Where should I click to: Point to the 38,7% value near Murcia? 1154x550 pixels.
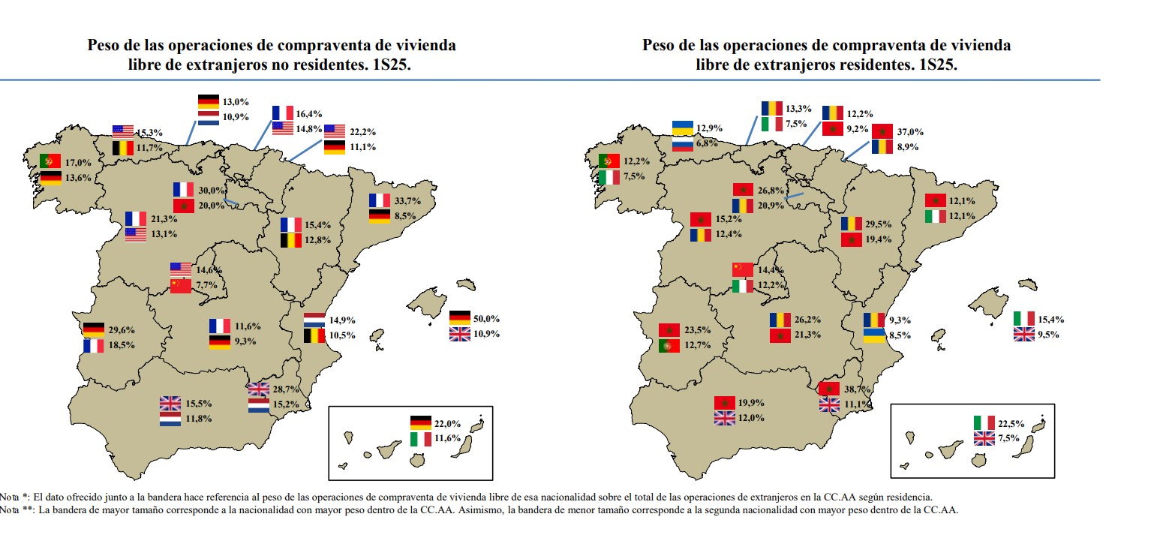click(857, 389)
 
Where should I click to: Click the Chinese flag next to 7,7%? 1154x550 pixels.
click(181, 286)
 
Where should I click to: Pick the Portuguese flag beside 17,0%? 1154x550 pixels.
click(51, 161)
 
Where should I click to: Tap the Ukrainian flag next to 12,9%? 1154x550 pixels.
click(682, 128)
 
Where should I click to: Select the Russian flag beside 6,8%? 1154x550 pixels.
click(682, 143)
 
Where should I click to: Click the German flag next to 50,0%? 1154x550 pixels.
click(460, 318)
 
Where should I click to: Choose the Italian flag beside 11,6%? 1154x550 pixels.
click(421, 438)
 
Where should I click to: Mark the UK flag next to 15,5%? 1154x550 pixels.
click(170, 403)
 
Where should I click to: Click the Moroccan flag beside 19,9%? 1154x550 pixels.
click(725, 403)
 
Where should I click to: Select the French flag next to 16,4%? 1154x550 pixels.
click(283, 113)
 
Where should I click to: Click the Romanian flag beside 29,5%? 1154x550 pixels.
click(852, 224)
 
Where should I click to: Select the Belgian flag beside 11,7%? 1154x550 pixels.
click(123, 149)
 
